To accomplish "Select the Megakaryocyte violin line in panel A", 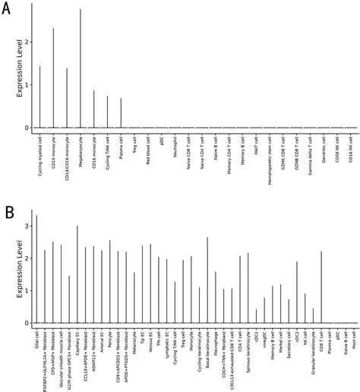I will click(81, 68).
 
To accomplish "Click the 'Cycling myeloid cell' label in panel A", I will click(40, 151).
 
